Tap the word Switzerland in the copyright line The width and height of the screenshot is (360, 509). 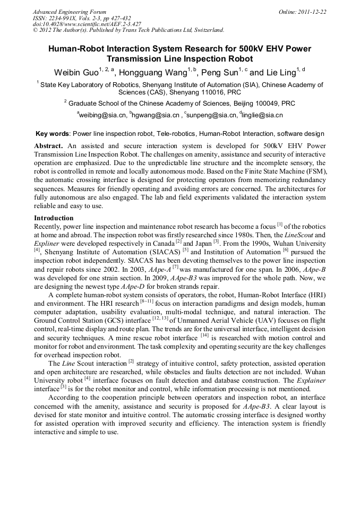[x=204, y=30]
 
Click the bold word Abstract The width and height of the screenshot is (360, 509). [x=49, y=145]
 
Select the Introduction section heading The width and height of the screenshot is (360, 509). [x=54, y=218]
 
